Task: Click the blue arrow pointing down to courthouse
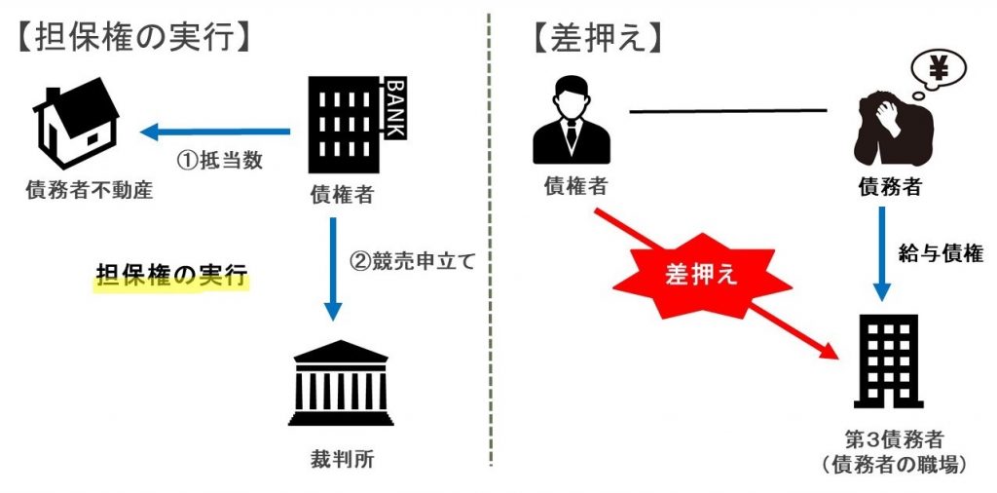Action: (x=334, y=267)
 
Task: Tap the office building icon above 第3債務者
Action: (x=885, y=360)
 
